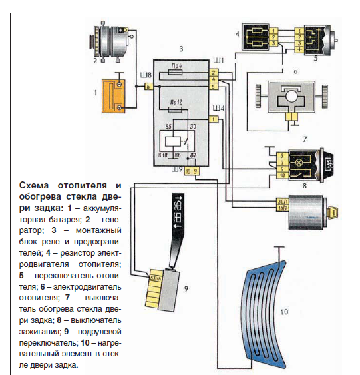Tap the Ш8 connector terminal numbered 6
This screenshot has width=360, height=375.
148,87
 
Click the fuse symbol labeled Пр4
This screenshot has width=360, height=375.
177,75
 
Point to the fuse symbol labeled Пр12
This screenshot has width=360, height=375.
177,111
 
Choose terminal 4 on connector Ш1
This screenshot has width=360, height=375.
213,79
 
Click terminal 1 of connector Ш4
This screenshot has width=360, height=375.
213,119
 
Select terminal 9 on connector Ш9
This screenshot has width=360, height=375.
195,171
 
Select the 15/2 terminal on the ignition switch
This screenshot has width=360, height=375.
281,209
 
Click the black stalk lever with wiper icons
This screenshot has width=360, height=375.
176,226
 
